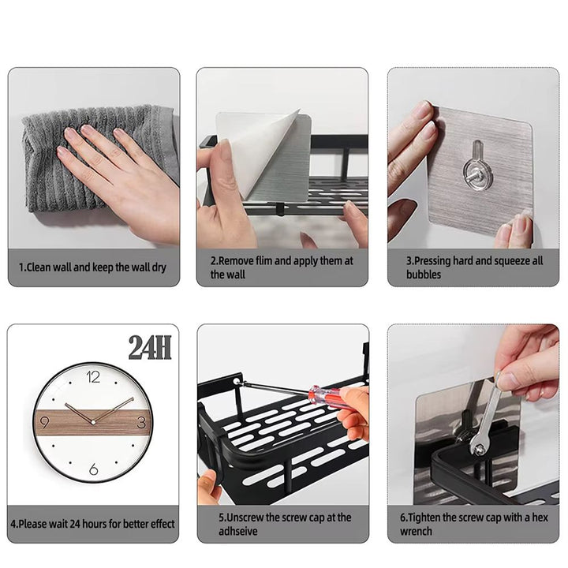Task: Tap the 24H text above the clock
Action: pos(150,347)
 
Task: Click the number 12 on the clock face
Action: pos(94,377)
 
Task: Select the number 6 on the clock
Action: pos(94,469)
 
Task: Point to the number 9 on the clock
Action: pos(44,422)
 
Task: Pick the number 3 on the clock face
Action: pos(141,422)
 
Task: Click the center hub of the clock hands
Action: pos(94,422)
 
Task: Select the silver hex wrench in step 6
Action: pos(485,418)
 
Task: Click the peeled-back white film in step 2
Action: pos(260,150)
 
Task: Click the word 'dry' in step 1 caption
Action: pos(158,267)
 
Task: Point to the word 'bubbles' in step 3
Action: pos(424,275)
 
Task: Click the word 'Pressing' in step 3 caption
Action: pos(435,260)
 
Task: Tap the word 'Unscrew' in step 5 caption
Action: pos(247,518)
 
